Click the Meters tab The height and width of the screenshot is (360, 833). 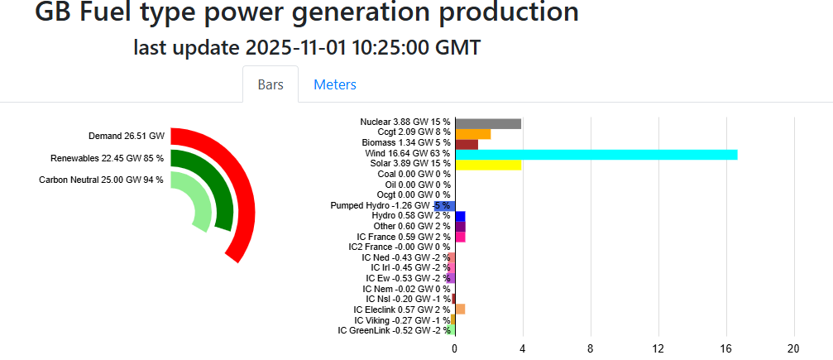334,84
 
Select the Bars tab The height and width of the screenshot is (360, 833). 270,84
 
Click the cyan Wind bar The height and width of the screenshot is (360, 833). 596,155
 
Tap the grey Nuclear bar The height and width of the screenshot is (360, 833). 488,123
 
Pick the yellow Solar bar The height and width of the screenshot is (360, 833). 488,165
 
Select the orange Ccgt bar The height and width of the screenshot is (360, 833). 472,134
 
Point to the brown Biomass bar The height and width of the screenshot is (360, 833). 467,144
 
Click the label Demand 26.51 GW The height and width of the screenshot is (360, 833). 127,136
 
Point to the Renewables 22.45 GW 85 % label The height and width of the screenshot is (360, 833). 107,158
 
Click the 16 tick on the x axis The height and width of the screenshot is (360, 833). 726,348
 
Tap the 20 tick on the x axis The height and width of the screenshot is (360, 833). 794,348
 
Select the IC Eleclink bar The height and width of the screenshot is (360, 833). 460,310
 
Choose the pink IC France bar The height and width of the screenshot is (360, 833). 460,237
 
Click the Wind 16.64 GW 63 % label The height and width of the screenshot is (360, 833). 407,154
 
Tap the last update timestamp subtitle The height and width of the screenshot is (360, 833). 307,48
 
